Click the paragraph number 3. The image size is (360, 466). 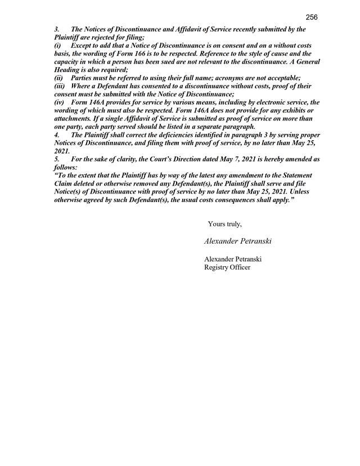[56, 29]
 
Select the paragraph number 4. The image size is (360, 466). [56, 136]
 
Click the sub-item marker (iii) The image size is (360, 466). [60, 86]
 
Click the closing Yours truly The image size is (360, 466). [225, 224]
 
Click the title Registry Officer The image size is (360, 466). [227, 267]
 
